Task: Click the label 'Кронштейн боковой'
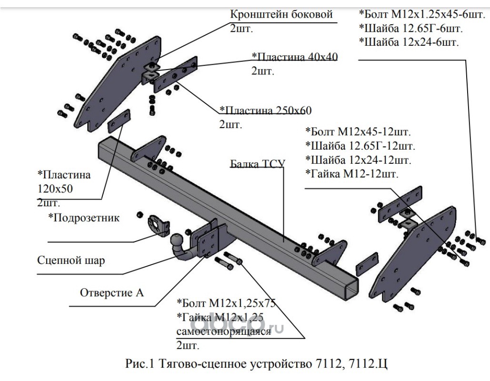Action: (x=281, y=14)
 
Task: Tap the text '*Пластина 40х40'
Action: (x=294, y=57)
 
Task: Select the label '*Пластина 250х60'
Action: (x=266, y=110)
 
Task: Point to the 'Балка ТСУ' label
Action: (x=258, y=164)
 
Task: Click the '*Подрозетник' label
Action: (x=84, y=218)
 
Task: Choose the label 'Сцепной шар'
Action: (x=71, y=260)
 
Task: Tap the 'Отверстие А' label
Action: (x=112, y=292)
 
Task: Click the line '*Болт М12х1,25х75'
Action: (x=226, y=303)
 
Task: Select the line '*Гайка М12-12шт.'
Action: (x=352, y=173)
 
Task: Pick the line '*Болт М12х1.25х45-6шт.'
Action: (x=422, y=14)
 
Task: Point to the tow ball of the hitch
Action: (x=176, y=241)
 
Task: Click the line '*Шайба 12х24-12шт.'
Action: (x=359, y=160)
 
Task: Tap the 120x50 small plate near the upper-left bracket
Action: (x=119, y=121)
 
